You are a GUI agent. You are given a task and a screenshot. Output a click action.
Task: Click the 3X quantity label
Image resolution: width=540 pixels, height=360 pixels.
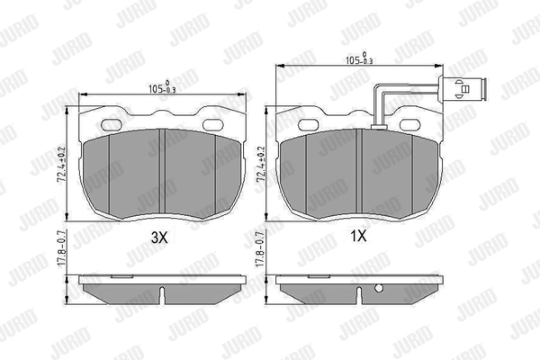[x=159, y=237]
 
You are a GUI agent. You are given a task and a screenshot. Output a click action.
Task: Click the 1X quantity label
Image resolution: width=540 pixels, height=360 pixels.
[x=358, y=237]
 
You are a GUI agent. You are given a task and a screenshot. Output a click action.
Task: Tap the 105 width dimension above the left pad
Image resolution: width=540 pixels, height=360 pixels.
[x=162, y=88]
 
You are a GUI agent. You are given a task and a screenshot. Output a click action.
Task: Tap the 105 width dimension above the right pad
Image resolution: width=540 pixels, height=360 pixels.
[x=359, y=58]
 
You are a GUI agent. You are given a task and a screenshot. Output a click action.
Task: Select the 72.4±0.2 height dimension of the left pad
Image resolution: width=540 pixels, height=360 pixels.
[x=63, y=165]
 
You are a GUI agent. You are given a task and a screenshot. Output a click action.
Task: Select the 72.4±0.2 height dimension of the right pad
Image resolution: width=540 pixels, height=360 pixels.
[x=261, y=165]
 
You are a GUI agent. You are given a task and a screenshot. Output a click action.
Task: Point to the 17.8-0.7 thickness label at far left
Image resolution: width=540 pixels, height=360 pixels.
[x=61, y=248]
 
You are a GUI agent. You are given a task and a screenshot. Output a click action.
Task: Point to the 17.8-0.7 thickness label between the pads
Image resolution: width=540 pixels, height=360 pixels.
[x=260, y=248]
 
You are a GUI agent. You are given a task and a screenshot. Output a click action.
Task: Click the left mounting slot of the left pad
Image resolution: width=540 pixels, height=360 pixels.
[x=112, y=123]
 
